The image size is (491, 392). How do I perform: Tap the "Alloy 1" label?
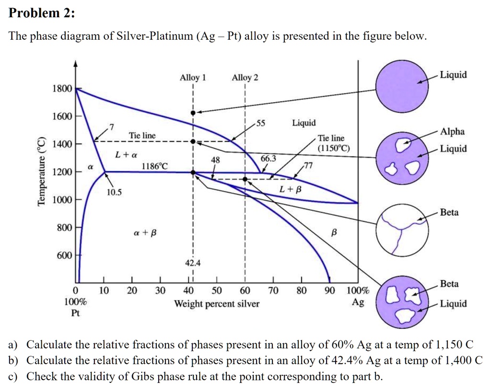[192, 78]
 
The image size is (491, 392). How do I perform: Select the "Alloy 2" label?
[245, 78]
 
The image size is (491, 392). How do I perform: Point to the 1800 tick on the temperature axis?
[62, 89]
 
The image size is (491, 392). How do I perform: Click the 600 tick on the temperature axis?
[64, 255]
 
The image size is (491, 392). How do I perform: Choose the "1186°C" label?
[155, 166]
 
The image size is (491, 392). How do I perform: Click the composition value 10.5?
[115, 192]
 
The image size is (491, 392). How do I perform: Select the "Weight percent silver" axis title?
[217, 304]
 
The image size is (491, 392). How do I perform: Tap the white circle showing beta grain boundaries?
[401, 230]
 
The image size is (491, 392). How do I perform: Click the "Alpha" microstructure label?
[452, 132]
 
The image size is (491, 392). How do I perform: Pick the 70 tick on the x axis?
[273, 290]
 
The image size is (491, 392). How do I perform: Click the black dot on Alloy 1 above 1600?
[193, 113]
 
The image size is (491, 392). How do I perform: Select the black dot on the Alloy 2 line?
[245, 179]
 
